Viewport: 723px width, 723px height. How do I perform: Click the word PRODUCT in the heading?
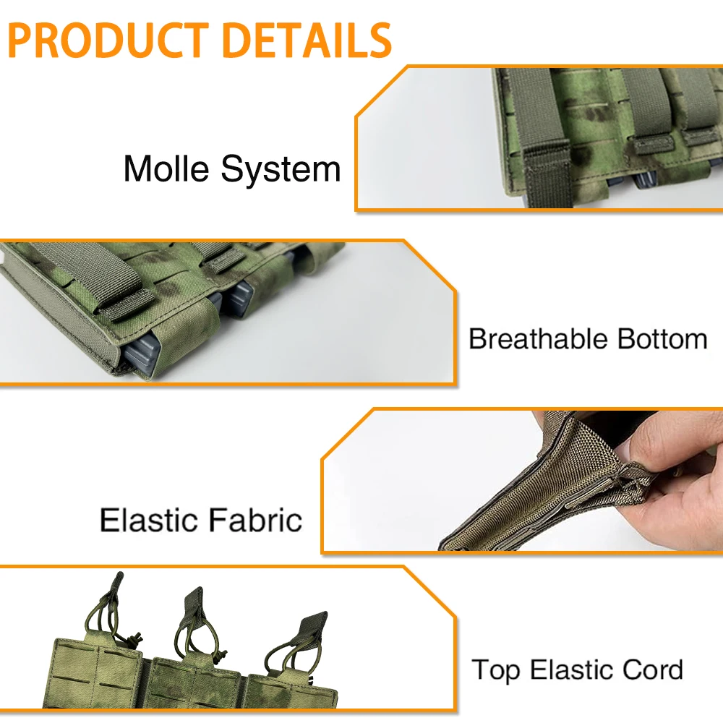tap(109, 40)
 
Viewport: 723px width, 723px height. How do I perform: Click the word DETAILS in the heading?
tap(307, 40)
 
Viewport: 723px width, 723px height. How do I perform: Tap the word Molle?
tap(166, 168)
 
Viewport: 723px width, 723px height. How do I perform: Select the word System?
tap(281, 171)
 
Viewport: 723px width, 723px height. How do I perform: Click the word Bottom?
tap(662, 339)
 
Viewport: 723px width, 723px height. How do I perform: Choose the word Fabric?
tap(255, 520)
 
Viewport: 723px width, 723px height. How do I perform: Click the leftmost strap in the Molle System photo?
tap(540, 137)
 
